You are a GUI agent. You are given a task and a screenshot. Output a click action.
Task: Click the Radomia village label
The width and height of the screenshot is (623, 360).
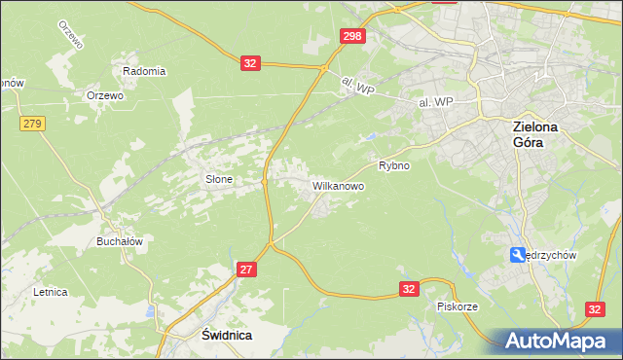tap(144, 71)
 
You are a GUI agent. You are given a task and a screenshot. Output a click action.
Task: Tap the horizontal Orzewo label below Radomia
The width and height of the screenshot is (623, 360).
tap(104, 95)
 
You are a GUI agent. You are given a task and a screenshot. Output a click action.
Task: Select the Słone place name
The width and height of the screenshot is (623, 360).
tap(218, 179)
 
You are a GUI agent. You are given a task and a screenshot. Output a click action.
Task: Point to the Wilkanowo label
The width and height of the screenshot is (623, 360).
tap(338, 184)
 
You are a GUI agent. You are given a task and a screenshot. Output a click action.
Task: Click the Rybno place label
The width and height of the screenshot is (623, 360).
tap(394, 165)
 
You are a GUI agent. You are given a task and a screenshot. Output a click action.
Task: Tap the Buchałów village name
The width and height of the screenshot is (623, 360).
tap(120, 241)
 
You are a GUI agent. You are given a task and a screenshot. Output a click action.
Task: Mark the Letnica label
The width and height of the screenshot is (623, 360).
tap(50, 291)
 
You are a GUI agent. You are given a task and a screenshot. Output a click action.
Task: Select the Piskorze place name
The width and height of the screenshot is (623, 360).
tap(457, 306)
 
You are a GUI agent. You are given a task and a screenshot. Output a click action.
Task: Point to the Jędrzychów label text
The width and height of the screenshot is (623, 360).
tap(552, 255)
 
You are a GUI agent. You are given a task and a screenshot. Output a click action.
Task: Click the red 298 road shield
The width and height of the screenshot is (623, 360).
tap(352, 36)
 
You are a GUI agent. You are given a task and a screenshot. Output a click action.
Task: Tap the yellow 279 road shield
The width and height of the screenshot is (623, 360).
tap(32, 123)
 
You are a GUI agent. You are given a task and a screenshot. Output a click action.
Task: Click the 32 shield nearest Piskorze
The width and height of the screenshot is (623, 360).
tap(410, 289)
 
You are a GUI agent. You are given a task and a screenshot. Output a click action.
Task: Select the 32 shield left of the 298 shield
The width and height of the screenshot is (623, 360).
tap(250, 63)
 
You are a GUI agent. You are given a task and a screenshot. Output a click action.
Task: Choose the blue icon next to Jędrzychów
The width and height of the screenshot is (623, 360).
tap(517, 255)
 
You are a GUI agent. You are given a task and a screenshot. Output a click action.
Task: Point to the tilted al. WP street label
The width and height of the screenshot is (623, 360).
tap(358, 87)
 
